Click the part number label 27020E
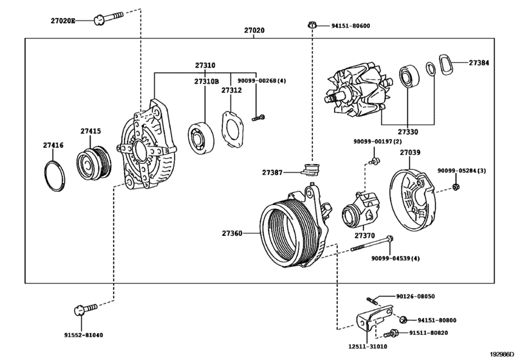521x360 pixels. pyautogui.click(x=63, y=21)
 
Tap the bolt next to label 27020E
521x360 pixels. pyautogui.click(x=109, y=18)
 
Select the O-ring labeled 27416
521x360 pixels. pyautogui.click(x=55, y=176)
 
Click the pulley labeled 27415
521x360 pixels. pyautogui.click(x=94, y=163)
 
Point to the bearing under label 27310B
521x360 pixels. pyautogui.click(x=200, y=139)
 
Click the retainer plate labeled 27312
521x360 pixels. pyautogui.click(x=233, y=129)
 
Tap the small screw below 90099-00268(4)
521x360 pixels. pyautogui.click(x=258, y=118)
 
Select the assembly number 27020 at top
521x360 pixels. pyautogui.click(x=254, y=30)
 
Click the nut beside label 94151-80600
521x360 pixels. pyautogui.click(x=312, y=25)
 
